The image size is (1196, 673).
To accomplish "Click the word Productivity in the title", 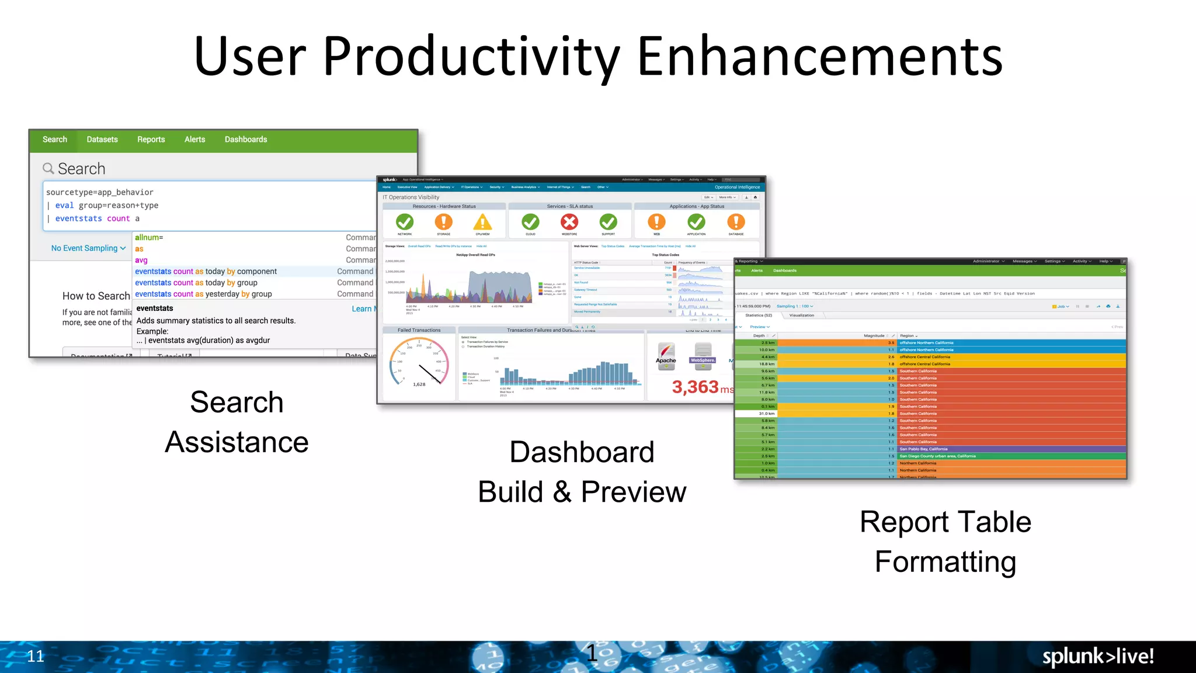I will (471, 57).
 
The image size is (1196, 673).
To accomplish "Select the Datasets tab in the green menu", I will (102, 140).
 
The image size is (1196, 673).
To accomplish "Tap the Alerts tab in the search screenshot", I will (194, 140).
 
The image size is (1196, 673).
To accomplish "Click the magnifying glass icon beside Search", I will (48, 168).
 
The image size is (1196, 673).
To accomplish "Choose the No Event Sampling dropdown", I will (88, 248).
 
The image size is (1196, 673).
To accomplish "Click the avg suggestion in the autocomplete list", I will (141, 260).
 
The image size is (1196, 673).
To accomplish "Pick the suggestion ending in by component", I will (206, 272).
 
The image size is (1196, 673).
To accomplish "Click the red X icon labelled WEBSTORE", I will (569, 222).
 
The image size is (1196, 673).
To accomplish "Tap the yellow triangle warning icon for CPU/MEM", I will (482, 223).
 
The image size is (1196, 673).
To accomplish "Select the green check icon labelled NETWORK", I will (404, 222).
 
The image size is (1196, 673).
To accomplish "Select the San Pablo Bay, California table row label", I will (923, 449).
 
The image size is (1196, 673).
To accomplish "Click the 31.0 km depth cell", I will (766, 414).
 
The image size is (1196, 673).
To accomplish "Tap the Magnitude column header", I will (874, 336).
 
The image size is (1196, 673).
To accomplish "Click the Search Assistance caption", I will (237, 422).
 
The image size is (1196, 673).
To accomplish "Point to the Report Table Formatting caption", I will (945, 542).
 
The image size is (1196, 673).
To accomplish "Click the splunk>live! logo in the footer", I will (1097, 656).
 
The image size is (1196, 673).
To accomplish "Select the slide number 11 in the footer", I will (36, 656).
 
